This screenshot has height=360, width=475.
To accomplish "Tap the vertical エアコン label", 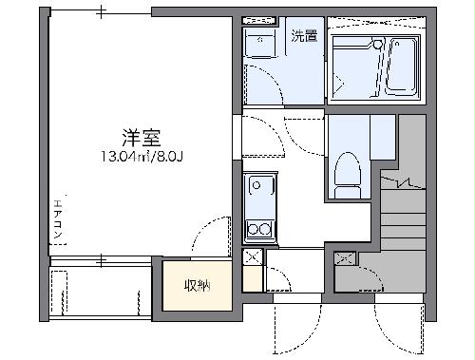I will [x=58, y=219].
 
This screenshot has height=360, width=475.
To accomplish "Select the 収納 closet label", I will [x=196, y=285].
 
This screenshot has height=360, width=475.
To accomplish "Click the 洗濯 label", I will [x=304, y=38].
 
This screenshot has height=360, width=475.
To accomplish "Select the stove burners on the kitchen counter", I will [x=257, y=228].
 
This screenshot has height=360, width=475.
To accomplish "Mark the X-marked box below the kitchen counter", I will [x=253, y=256].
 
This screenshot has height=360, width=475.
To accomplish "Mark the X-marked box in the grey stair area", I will [x=345, y=257].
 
